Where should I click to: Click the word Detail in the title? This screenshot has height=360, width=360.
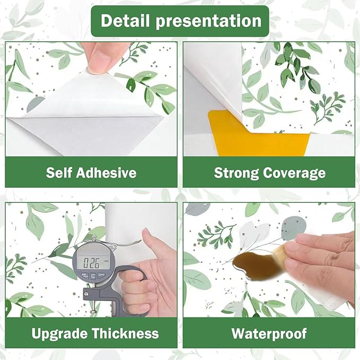tap(126, 21)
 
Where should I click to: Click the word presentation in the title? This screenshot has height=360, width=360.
tap(209, 21)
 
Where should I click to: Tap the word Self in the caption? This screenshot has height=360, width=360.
tap(59, 172)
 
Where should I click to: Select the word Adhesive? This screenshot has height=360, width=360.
tap(107, 172)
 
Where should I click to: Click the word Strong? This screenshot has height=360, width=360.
tap(236, 173)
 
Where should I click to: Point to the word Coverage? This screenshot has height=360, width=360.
tap(294, 173)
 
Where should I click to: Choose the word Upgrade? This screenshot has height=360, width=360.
tap(59, 334)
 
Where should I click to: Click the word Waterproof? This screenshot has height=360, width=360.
tap(269, 334)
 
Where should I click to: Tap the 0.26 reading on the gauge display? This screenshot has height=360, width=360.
tap(91, 263)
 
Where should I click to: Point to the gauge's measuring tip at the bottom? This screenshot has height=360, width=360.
tap(93, 312)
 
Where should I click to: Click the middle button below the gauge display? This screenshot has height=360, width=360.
tap(93, 276)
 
